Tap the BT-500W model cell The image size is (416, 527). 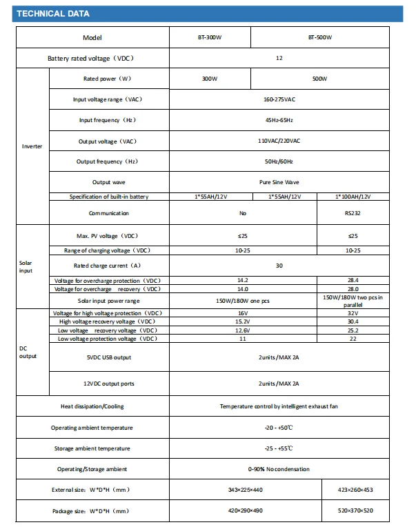pyautogui.click(x=319, y=38)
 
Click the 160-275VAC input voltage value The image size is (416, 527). pyautogui.click(x=279, y=100)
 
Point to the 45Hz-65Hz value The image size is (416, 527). pyautogui.click(x=279, y=121)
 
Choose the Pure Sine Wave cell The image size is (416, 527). pyautogui.click(x=279, y=182)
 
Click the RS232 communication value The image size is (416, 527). pyautogui.click(x=353, y=213)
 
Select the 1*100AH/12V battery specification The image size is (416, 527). pyautogui.click(x=353, y=197)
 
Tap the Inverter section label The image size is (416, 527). pyautogui.click(x=32, y=147)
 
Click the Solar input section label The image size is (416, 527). pyautogui.click(x=26, y=266)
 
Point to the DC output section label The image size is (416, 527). pyautogui.click(x=28, y=352)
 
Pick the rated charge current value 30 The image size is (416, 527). pyautogui.click(x=279, y=265)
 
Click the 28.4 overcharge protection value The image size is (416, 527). pyautogui.click(x=353, y=281)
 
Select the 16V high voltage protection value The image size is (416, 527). pyautogui.click(x=243, y=313)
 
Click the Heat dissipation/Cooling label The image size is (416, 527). pyautogui.click(x=92, y=406)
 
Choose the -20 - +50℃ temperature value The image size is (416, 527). pyautogui.click(x=279, y=428)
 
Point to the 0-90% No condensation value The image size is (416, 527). pyautogui.click(x=279, y=469)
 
